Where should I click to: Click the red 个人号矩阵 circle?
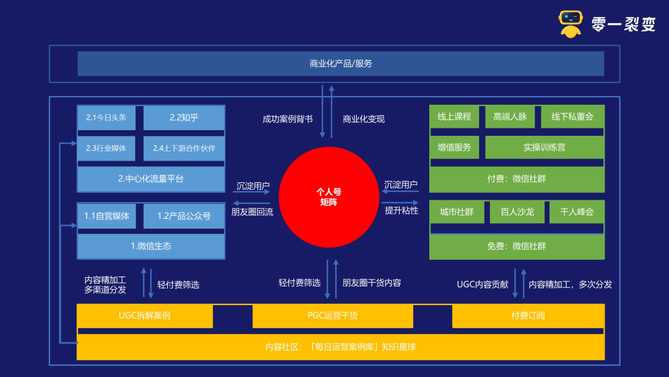pos(328,197)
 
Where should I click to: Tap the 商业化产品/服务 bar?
pos(341,64)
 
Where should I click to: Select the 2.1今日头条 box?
pos(107,117)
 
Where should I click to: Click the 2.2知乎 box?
pos(184,117)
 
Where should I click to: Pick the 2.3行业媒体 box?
pos(107,148)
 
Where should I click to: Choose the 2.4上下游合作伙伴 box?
pos(184,148)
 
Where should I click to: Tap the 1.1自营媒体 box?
pos(107,216)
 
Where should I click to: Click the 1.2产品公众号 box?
pos(184,216)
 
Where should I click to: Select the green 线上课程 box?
pos(455,117)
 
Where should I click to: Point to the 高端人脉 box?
pos(510,117)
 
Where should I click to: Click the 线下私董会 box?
pos(572,117)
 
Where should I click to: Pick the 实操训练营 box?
pos(544,148)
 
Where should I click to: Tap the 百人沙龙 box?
pos(517,212)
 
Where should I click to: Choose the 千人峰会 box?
pos(577,212)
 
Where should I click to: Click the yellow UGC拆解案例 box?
pos(144,316)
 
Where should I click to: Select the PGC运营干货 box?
pos(333,316)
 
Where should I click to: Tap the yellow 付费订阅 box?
pos(528,316)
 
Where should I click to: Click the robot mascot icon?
pos(571,24)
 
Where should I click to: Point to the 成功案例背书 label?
pos(287,119)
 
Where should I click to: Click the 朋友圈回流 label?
pos(252,212)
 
